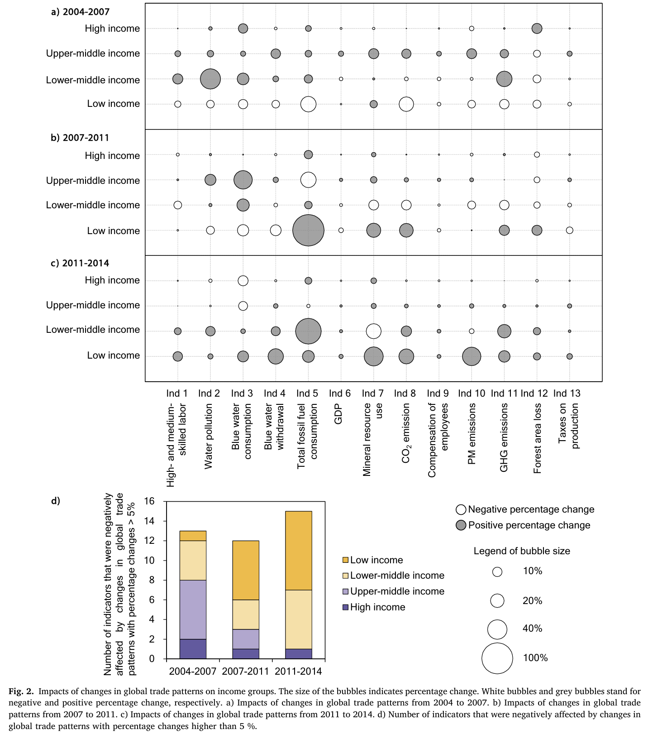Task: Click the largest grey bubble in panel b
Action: (308, 230)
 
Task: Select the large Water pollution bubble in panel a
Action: (210, 79)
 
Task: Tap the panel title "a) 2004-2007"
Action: (80, 12)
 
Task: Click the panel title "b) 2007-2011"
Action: (80, 138)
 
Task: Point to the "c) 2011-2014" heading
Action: (80, 263)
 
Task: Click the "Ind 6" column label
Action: (339, 393)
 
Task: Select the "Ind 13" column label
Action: (567, 393)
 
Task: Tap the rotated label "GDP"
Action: (338, 414)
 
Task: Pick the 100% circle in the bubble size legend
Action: (497, 658)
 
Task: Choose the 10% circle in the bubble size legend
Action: (497, 572)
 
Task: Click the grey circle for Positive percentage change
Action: (461, 525)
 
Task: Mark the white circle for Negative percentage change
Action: (461, 510)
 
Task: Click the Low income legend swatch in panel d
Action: (346, 560)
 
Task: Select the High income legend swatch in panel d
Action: (346, 607)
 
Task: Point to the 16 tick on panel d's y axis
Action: (149, 501)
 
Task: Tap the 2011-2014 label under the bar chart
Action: (298, 671)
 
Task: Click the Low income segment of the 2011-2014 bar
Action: (298, 551)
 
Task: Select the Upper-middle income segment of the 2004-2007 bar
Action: (193, 609)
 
